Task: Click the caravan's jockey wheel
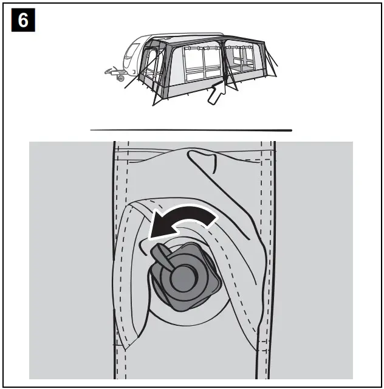[121, 78]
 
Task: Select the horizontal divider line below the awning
[191, 130]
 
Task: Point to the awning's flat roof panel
[207, 40]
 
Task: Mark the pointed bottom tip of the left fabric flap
[125, 350]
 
